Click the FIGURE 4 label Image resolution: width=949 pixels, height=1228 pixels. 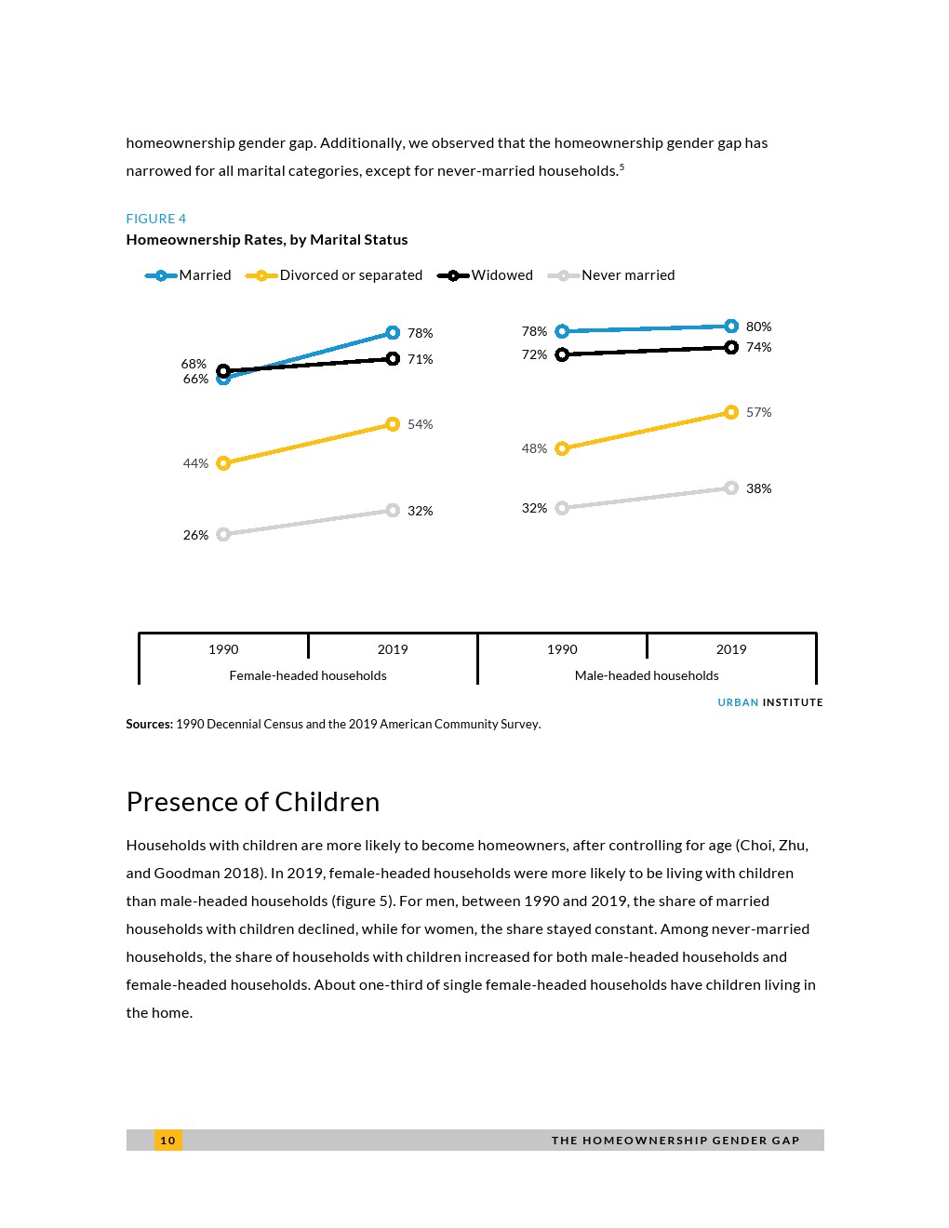[x=156, y=219]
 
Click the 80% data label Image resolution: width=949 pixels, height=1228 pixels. [x=758, y=327]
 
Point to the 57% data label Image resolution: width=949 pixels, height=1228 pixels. [x=758, y=412]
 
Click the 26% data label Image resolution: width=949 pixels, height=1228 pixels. [x=195, y=535]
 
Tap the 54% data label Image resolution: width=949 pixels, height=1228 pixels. [x=420, y=424]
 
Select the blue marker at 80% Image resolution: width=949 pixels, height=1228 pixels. [x=731, y=327]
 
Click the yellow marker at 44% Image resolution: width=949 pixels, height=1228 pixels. [x=223, y=463]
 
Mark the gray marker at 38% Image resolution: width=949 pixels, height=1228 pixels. [x=731, y=488]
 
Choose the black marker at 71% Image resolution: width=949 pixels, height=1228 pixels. [x=393, y=359]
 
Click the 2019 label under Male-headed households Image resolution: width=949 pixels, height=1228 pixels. [x=731, y=649]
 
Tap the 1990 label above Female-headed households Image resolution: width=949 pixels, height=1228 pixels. [x=223, y=649]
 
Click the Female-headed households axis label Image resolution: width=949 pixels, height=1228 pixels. [x=308, y=675]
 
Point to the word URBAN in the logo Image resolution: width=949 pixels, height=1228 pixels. [x=738, y=702]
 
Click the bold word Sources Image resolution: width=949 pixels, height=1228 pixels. [x=149, y=724]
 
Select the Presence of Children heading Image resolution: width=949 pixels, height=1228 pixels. [x=253, y=802]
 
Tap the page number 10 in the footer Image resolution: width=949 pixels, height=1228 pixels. [x=167, y=1141]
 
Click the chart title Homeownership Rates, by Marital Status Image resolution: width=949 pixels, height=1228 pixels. [x=267, y=240]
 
